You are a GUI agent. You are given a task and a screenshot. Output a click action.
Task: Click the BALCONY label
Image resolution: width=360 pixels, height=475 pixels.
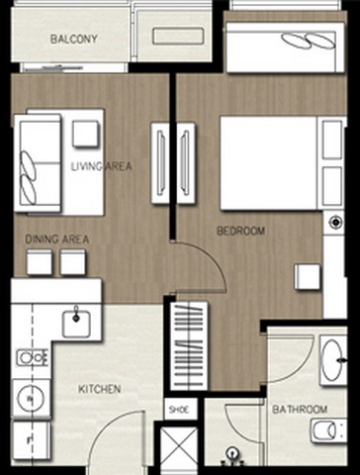74,39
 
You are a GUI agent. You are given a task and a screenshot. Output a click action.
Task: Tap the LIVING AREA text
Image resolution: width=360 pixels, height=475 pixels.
102,166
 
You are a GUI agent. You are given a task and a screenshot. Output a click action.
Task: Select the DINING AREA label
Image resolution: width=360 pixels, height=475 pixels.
57,239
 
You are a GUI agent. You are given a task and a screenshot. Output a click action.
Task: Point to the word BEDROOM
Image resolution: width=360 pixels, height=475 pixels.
240,231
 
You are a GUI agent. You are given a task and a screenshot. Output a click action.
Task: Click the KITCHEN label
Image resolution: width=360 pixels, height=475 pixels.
100,389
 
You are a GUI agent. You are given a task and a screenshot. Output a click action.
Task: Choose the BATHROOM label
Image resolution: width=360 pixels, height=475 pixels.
300,410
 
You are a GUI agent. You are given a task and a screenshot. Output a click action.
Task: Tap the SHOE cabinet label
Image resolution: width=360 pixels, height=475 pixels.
179,410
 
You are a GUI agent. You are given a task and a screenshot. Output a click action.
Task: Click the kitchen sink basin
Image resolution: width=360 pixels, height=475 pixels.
76,324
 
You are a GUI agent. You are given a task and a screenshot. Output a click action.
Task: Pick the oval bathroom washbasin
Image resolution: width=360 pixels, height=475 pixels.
332,360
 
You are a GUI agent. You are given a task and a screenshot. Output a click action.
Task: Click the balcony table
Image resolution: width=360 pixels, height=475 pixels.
178,36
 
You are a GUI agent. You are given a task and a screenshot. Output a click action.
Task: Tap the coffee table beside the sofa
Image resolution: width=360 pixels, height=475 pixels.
86,134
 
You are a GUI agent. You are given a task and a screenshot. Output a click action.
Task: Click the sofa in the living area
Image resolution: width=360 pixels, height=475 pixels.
38,163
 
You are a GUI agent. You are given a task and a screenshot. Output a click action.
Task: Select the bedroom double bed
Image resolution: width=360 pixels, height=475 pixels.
269,163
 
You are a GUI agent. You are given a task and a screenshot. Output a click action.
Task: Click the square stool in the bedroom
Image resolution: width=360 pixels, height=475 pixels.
308,277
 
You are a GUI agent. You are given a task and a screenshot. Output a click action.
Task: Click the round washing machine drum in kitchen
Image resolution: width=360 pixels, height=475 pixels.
31,399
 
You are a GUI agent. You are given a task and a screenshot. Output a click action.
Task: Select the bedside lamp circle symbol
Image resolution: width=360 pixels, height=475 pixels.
335,222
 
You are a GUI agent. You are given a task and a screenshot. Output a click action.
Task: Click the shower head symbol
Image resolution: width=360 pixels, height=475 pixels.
233,454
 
